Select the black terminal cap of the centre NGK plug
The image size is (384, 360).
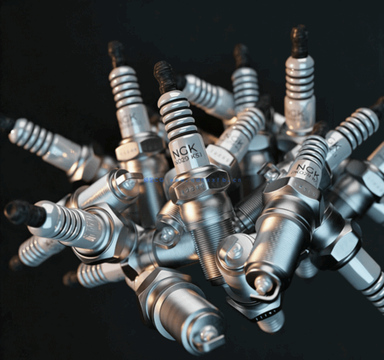click(165, 75)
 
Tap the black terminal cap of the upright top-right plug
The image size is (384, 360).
click(299, 39)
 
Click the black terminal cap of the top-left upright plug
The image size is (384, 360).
click(116, 53)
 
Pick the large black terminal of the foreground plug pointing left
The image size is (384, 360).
click(24, 212)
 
